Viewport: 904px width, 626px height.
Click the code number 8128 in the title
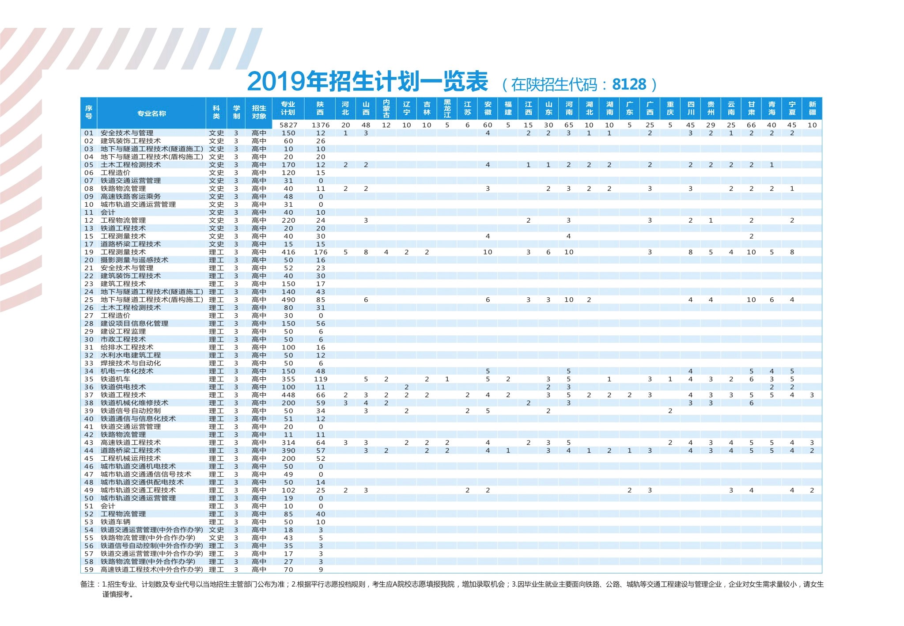[629, 84]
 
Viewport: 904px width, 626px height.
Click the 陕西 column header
[320, 108]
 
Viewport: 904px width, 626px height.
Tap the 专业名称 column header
[151, 114]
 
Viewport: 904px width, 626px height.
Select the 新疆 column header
[812, 108]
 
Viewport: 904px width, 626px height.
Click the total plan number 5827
[288, 125]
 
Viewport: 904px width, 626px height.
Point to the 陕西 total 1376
[320, 125]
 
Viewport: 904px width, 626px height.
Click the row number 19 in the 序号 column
[89, 252]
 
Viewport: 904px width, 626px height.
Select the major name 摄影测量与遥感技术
[134, 260]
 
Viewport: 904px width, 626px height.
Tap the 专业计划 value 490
[288, 300]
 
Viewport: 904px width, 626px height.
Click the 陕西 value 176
[320, 252]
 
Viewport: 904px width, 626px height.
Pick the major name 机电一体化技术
[127, 371]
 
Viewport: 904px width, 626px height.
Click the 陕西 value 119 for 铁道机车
[320, 379]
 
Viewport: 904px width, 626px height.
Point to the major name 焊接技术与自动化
[131, 363]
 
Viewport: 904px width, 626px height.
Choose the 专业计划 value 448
[288, 395]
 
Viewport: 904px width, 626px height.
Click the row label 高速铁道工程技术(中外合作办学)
[151, 569]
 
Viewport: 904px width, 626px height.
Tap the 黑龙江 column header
[447, 108]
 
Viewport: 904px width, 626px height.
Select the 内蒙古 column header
[386, 108]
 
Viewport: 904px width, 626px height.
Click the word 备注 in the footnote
[87, 584]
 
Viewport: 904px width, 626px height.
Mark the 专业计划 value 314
[288, 443]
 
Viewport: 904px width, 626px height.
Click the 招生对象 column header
[259, 112]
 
